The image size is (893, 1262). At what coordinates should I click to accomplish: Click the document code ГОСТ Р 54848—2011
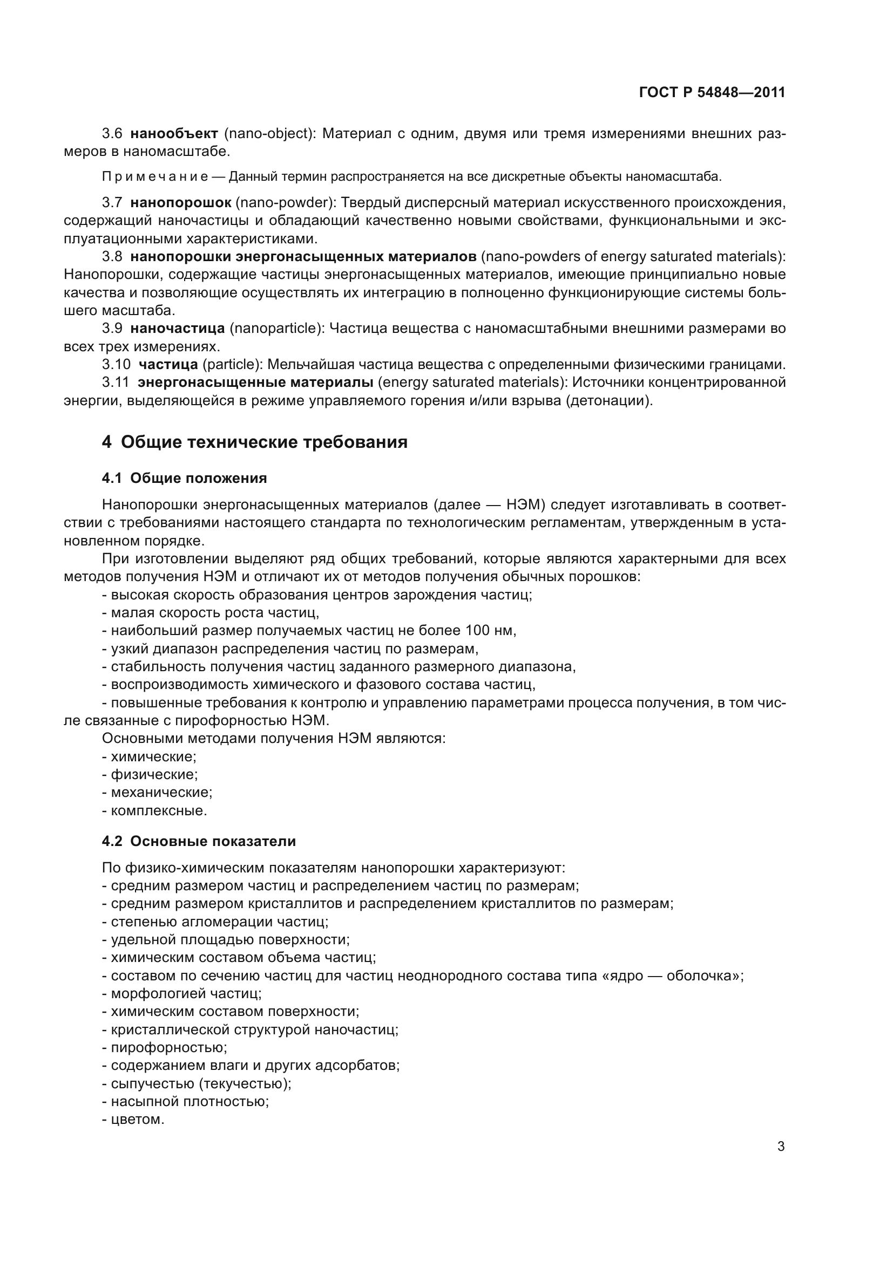tap(712, 93)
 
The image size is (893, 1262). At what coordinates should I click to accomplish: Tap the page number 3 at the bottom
tap(781, 1147)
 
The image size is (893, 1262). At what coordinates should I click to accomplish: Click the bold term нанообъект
tap(174, 134)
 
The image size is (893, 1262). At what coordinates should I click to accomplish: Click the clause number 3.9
tap(112, 329)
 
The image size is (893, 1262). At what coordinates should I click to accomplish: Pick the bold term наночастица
tap(178, 329)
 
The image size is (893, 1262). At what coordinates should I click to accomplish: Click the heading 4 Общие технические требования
tap(255, 442)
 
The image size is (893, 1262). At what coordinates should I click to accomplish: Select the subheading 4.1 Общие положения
tap(184, 479)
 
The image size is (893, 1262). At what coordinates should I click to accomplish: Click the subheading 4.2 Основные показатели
tap(199, 842)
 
